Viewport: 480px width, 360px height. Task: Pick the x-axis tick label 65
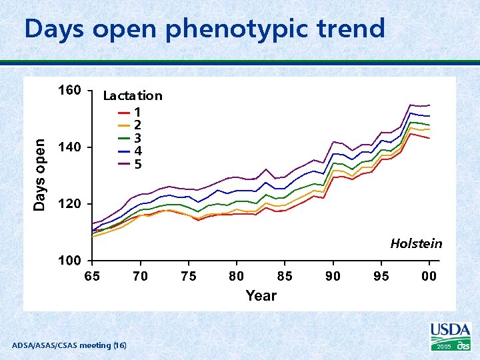(92, 276)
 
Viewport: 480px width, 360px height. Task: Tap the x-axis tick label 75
(189, 276)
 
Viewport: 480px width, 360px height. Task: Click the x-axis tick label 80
(237, 276)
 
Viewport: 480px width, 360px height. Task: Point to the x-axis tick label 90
(333, 276)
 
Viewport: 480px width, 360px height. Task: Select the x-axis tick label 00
(429, 276)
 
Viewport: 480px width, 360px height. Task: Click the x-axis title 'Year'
(261, 295)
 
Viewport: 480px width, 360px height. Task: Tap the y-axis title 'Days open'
(41, 175)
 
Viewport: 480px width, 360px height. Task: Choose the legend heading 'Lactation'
(133, 95)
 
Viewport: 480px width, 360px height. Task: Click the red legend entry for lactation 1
(130, 112)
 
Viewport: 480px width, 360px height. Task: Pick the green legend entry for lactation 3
(130, 138)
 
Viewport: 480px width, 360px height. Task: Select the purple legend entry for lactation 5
(130, 164)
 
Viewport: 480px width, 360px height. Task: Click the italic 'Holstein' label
(416, 243)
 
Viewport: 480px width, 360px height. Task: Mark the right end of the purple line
(430, 105)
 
